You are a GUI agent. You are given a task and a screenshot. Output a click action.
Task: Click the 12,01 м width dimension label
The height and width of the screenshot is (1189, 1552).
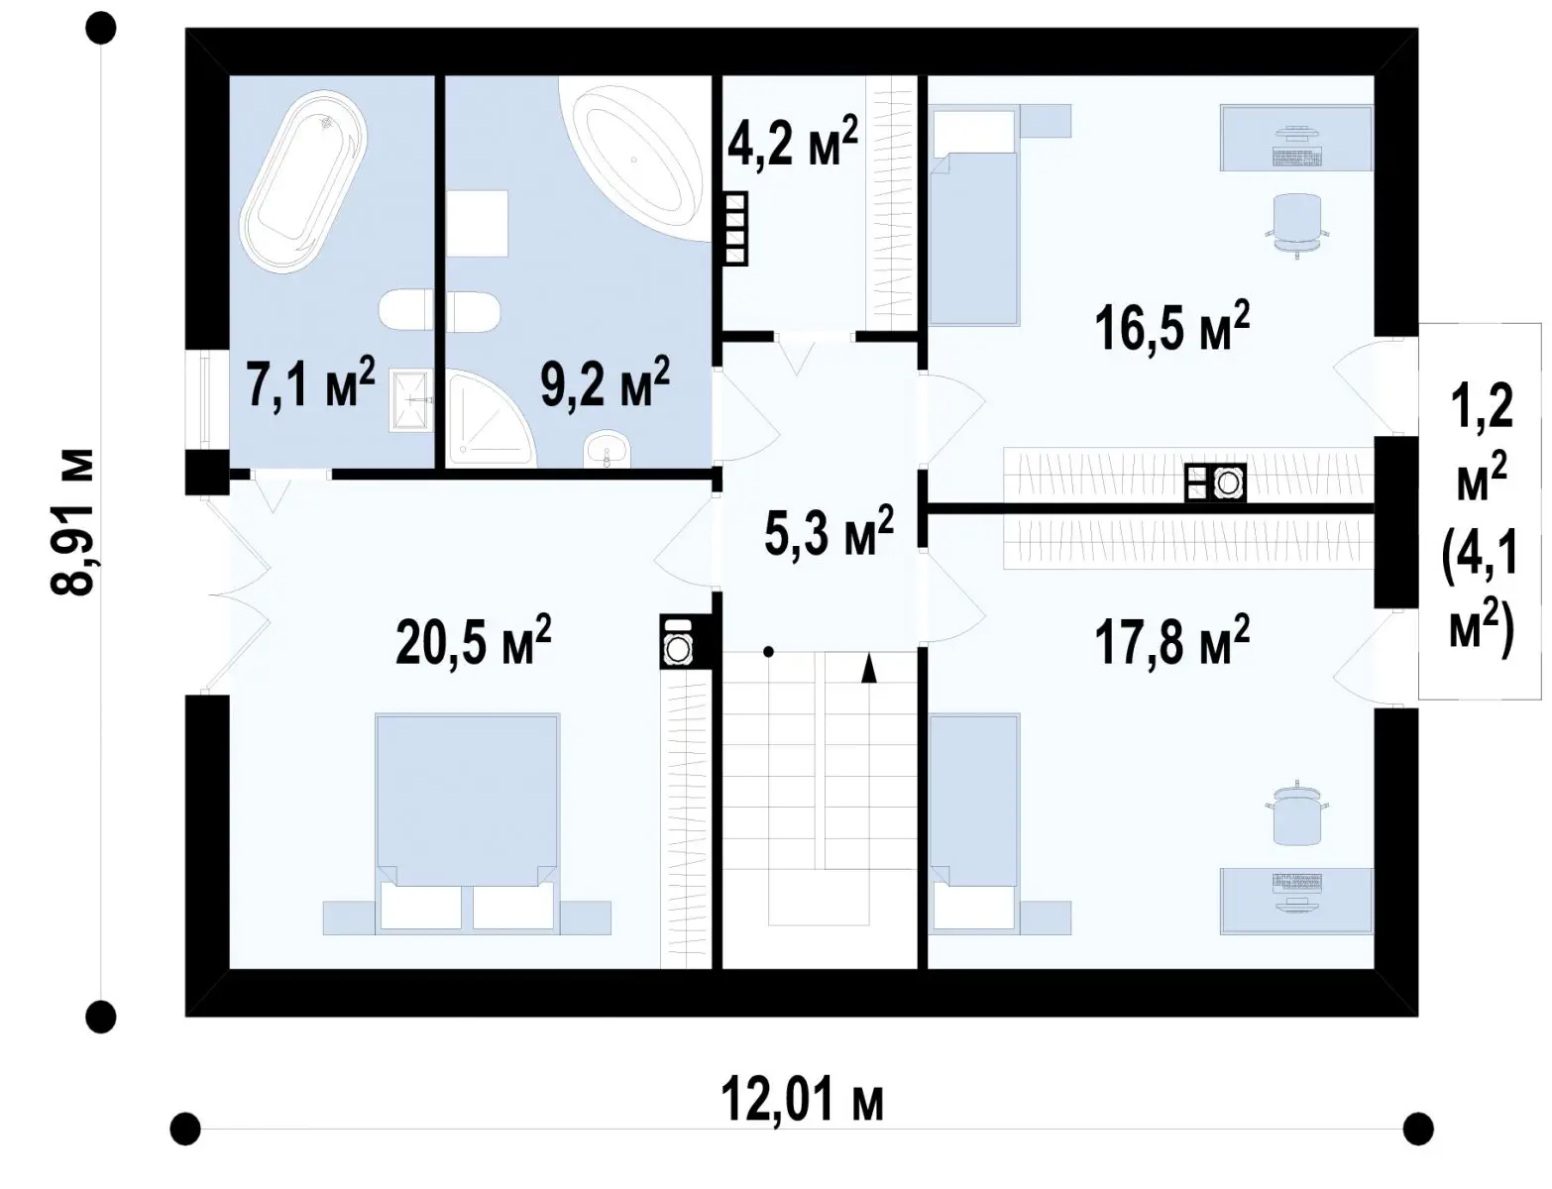point(802,1101)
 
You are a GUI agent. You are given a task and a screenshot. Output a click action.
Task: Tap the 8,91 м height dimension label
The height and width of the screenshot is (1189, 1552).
point(72,522)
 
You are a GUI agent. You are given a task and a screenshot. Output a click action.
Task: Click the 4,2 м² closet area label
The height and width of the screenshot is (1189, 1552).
point(792,141)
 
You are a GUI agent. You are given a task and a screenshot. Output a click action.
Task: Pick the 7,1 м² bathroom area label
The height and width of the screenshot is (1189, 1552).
point(310,382)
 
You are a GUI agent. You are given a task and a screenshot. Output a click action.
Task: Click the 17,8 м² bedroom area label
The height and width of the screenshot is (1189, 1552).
point(1172,640)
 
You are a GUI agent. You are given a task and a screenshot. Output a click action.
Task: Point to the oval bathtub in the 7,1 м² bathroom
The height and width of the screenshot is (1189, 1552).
point(303,181)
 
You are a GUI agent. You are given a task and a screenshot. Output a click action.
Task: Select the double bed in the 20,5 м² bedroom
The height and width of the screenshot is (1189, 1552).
point(467,824)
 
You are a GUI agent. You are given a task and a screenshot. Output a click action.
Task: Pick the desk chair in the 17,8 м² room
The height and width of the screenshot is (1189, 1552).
point(1296,814)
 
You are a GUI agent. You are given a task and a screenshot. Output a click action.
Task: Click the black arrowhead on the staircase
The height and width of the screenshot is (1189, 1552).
point(868,668)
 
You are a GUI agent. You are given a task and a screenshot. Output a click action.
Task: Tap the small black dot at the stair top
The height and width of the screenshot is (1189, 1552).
point(768,651)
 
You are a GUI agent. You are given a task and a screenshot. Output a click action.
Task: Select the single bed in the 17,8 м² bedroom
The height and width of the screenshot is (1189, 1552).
point(973,824)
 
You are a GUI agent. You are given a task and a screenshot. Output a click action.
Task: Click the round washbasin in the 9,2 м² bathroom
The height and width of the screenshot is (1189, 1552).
point(608,451)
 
